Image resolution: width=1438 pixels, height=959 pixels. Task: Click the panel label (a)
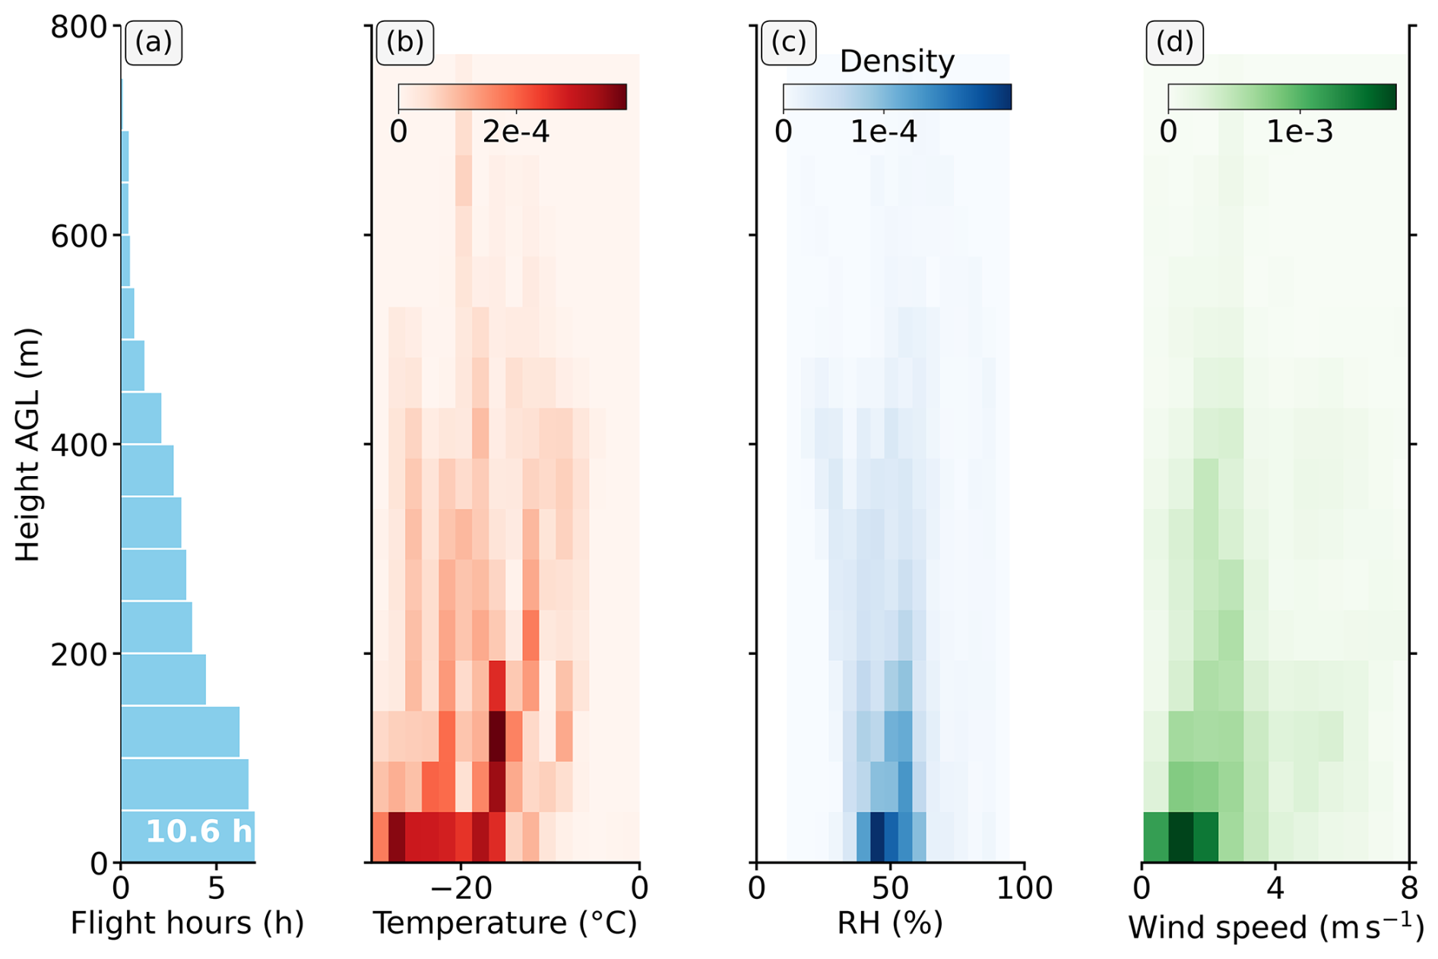[x=153, y=43]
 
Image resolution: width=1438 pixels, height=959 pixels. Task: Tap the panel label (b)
[x=404, y=43]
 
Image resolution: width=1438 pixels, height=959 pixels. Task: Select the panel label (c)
[x=788, y=43]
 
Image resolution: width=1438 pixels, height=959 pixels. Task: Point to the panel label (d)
[x=1174, y=43]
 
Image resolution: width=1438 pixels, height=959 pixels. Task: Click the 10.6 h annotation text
[x=198, y=832]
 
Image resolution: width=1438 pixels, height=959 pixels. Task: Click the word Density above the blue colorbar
[x=896, y=62]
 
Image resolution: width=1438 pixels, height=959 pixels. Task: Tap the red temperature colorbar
[x=512, y=97]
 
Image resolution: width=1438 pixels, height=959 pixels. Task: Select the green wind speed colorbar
[x=1281, y=97]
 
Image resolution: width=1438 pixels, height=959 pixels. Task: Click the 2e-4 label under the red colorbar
[x=515, y=132]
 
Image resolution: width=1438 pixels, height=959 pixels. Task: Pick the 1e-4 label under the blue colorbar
[x=883, y=132]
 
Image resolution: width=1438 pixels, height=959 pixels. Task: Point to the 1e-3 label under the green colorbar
[x=1299, y=132]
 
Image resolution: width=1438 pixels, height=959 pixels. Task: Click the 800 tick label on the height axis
[x=78, y=27]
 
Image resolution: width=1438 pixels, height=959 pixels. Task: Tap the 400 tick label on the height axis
[x=78, y=445]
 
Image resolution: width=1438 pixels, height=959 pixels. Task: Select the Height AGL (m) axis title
[x=27, y=445]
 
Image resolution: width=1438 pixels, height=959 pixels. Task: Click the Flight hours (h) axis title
[x=187, y=923]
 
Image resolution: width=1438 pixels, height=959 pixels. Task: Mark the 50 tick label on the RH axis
[x=890, y=888]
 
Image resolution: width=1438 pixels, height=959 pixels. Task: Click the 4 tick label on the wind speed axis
[x=1275, y=888]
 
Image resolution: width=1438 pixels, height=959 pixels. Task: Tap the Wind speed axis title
[x=1275, y=926]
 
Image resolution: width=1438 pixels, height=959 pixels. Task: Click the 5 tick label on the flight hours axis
[x=217, y=888]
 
